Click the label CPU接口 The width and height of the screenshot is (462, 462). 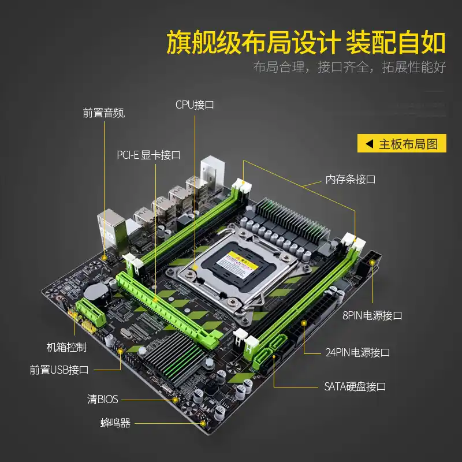click(x=195, y=105)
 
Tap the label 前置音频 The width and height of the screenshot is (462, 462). click(x=104, y=113)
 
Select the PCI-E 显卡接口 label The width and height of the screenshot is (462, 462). click(x=148, y=155)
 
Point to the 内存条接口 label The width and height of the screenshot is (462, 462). click(x=351, y=180)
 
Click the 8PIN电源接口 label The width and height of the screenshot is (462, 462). click(x=372, y=315)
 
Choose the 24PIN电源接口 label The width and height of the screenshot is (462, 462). click(x=357, y=352)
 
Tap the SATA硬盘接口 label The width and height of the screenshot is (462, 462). click(x=355, y=386)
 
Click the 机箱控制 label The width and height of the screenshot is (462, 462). click(x=66, y=348)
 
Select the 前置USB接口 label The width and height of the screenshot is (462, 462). click(x=59, y=370)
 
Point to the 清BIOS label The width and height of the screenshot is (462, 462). click(x=103, y=400)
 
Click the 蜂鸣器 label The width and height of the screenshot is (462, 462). click(x=115, y=423)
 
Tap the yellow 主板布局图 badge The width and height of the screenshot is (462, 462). click(x=402, y=143)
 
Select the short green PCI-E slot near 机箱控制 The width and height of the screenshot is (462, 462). click(x=91, y=312)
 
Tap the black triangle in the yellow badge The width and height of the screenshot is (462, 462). click(x=369, y=144)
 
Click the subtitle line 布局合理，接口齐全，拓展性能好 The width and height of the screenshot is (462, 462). click(x=349, y=67)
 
